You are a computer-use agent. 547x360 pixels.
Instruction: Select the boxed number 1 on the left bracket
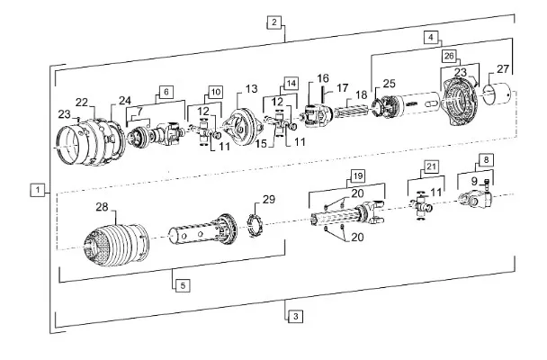click(37, 189)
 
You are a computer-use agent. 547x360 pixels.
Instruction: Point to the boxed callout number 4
click(432, 38)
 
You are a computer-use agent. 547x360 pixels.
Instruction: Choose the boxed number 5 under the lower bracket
click(182, 285)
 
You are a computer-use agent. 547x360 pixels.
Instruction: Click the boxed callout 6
click(166, 91)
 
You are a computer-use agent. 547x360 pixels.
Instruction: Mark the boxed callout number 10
click(215, 91)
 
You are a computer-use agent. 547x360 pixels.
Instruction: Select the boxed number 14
click(290, 83)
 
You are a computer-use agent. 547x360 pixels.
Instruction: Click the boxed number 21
click(431, 167)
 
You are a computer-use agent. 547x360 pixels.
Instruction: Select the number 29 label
click(267, 199)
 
